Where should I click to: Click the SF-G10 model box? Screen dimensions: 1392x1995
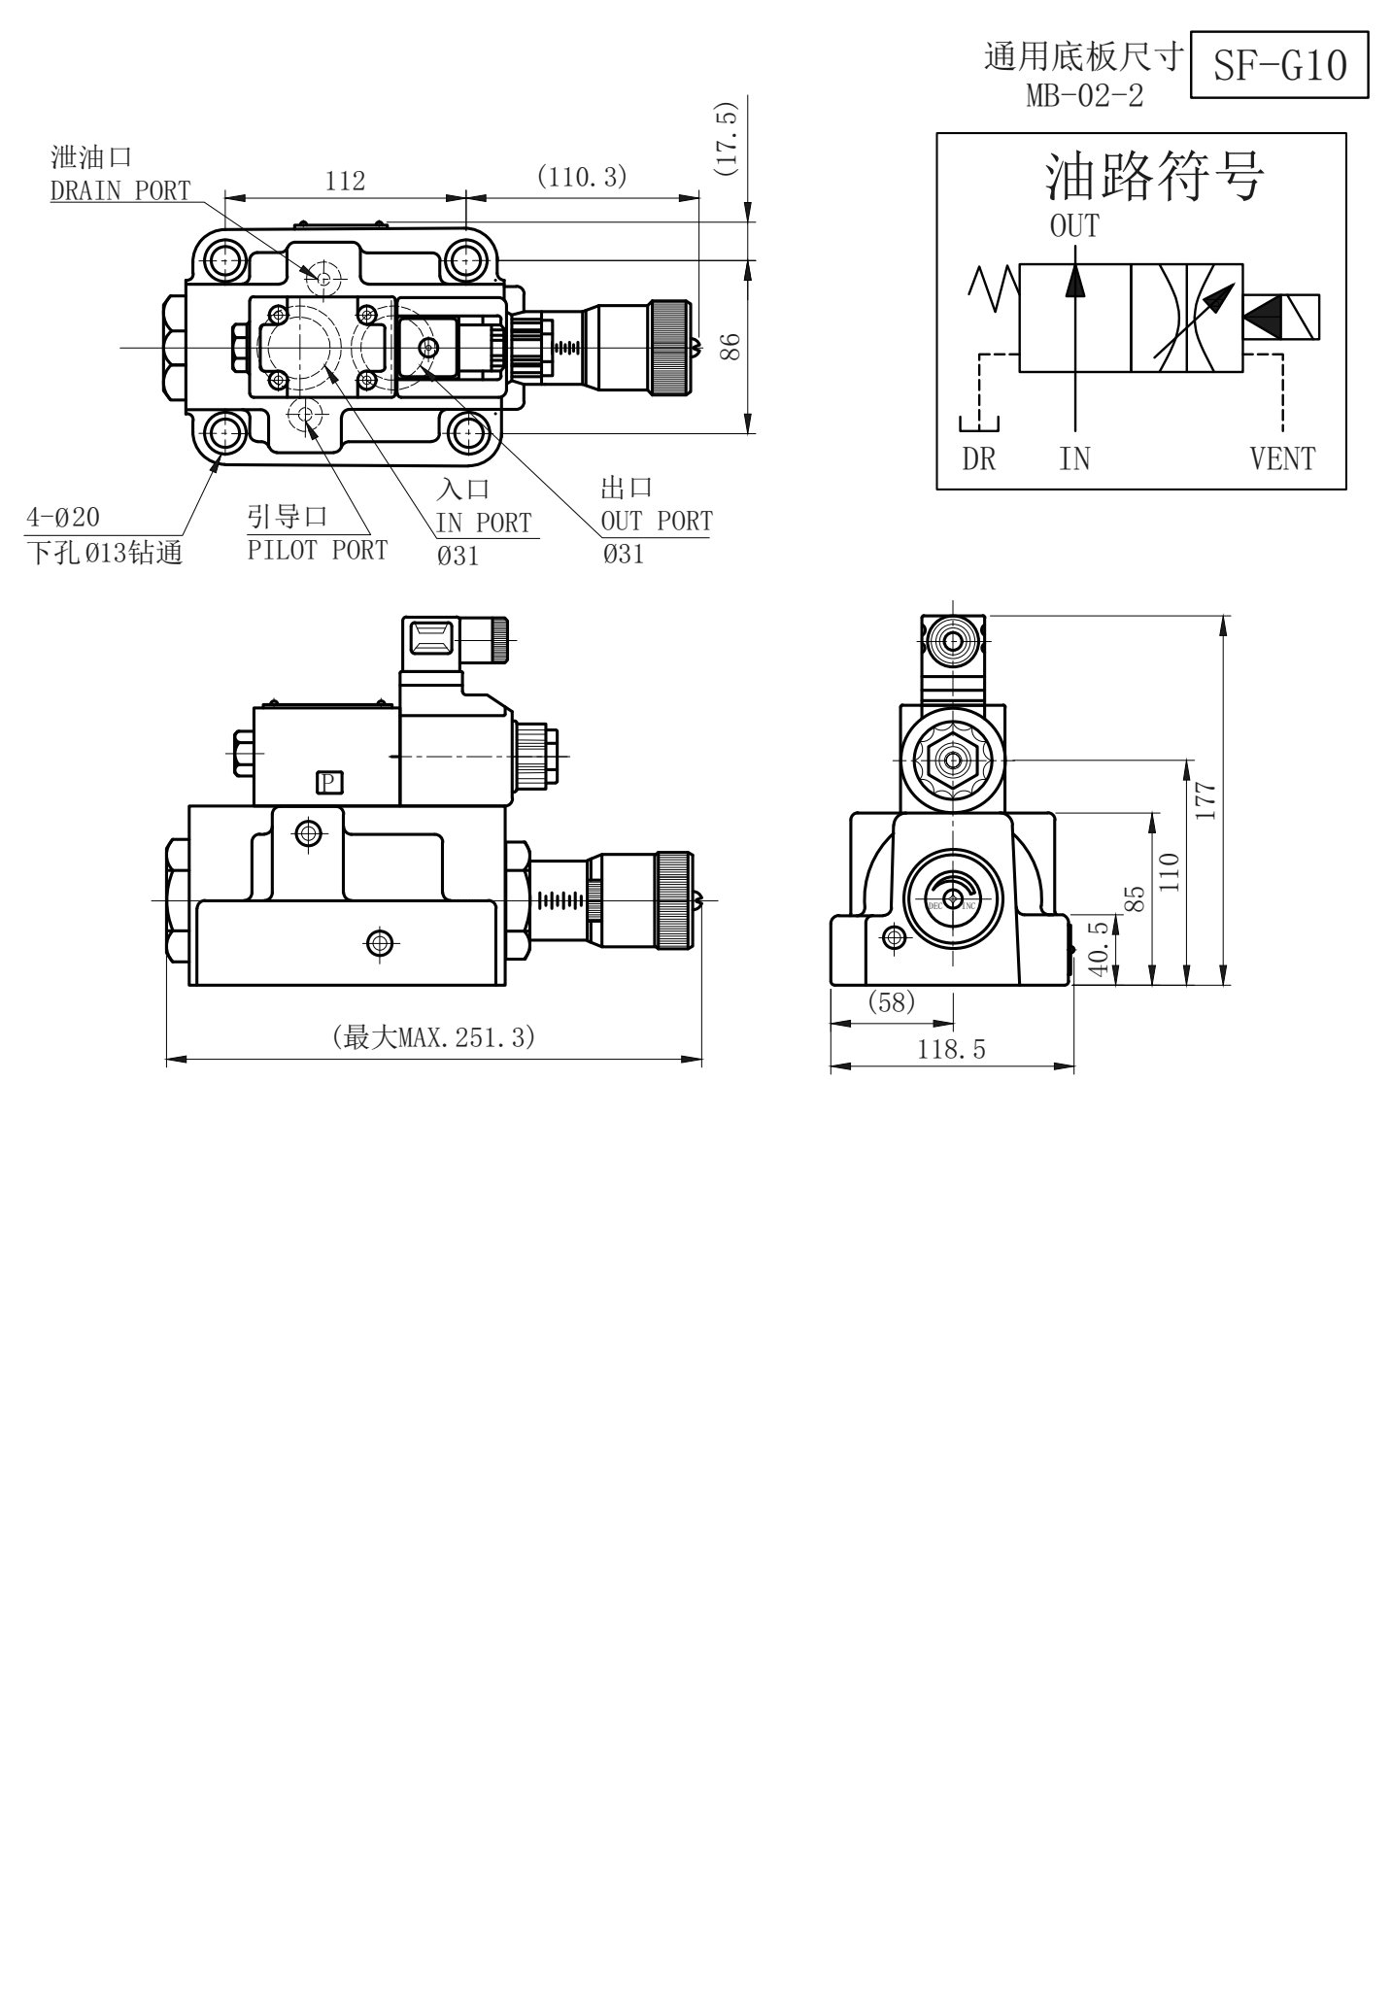(1279, 65)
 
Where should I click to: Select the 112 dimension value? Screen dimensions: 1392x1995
(345, 181)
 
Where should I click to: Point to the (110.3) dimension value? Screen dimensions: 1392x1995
(582, 177)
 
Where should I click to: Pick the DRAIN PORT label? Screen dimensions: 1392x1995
(120, 190)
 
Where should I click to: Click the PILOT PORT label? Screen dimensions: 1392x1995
(318, 550)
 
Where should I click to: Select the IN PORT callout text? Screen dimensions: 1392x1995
(484, 523)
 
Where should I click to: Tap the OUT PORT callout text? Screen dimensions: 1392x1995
(657, 521)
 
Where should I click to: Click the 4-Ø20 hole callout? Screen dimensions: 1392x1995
(62, 517)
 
